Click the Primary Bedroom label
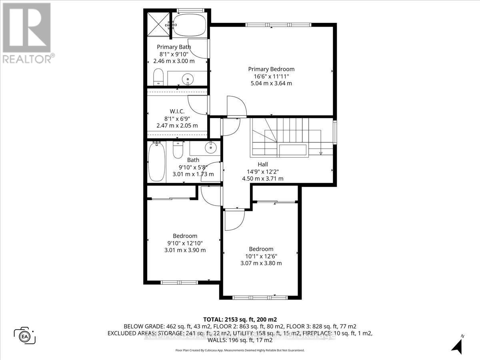point(271,69)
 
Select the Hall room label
point(262,164)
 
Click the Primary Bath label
point(174,47)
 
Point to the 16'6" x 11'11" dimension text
point(271,76)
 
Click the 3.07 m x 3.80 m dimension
point(261,263)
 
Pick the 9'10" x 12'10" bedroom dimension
point(185,243)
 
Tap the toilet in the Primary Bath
point(158,77)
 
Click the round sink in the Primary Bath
point(188,80)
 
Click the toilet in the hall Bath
point(178,150)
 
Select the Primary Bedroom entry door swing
point(235,106)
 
